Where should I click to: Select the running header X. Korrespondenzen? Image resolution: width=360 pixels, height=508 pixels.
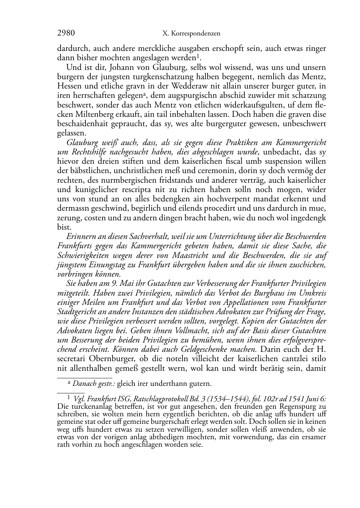[x=191, y=34]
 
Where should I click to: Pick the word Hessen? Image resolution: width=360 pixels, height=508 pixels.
[x=69, y=86]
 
